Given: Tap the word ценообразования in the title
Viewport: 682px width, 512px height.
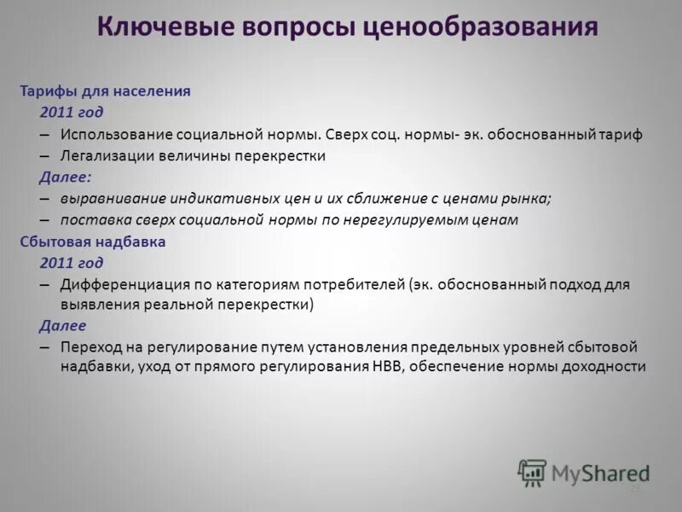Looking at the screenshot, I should [481, 26].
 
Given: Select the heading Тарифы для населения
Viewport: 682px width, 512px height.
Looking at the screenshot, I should [105, 90].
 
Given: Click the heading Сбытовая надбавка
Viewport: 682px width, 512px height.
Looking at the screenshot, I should [93, 241].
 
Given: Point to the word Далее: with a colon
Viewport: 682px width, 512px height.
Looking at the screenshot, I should [65, 177].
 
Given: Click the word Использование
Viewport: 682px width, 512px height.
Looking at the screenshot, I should [116, 135].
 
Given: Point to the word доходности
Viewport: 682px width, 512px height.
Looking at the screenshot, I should [605, 368].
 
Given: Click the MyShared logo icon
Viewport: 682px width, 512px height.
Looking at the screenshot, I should [532, 472].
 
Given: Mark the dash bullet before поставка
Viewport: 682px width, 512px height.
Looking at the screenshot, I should [44, 220].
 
